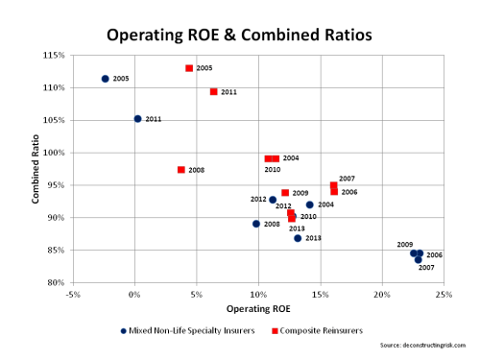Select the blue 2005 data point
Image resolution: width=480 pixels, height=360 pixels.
[x=105, y=78]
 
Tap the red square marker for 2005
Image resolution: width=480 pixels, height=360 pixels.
[x=189, y=68]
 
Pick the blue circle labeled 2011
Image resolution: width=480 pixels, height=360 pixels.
[x=137, y=119]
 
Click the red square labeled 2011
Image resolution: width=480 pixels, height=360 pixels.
[x=213, y=92]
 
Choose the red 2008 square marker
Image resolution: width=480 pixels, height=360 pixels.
[x=180, y=170]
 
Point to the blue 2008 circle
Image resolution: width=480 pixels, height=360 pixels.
[x=256, y=224]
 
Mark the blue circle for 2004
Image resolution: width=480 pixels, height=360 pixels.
[x=310, y=204]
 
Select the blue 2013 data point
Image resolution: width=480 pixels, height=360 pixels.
[x=298, y=238]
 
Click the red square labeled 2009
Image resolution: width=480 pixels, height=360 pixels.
[x=285, y=193]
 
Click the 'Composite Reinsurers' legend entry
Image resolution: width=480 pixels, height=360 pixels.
[x=319, y=330]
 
